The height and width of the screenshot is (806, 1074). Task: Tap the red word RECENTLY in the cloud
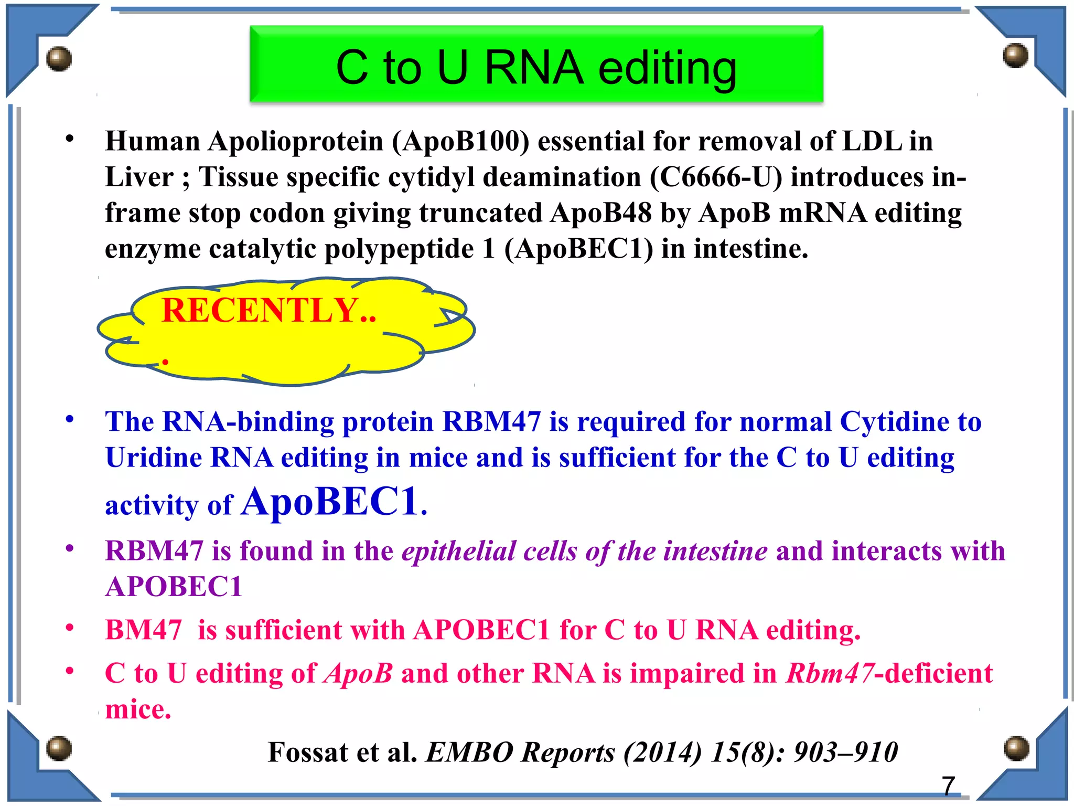(x=260, y=310)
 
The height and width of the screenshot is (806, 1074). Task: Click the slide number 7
(x=948, y=786)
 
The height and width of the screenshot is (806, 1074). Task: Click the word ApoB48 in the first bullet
(x=601, y=213)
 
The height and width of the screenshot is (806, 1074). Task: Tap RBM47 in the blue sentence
(x=491, y=422)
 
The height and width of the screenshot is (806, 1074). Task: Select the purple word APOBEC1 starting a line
(x=174, y=587)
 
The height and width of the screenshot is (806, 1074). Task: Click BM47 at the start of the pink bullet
(x=143, y=630)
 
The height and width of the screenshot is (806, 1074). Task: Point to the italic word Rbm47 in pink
(x=830, y=674)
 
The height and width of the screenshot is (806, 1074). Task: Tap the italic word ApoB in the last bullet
(x=358, y=674)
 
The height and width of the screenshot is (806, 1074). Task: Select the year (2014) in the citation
(x=662, y=753)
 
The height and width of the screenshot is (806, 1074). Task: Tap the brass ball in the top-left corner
(x=59, y=58)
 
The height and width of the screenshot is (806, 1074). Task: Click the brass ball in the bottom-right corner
(x=1016, y=748)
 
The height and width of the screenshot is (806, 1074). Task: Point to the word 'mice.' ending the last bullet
(x=138, y=710)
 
